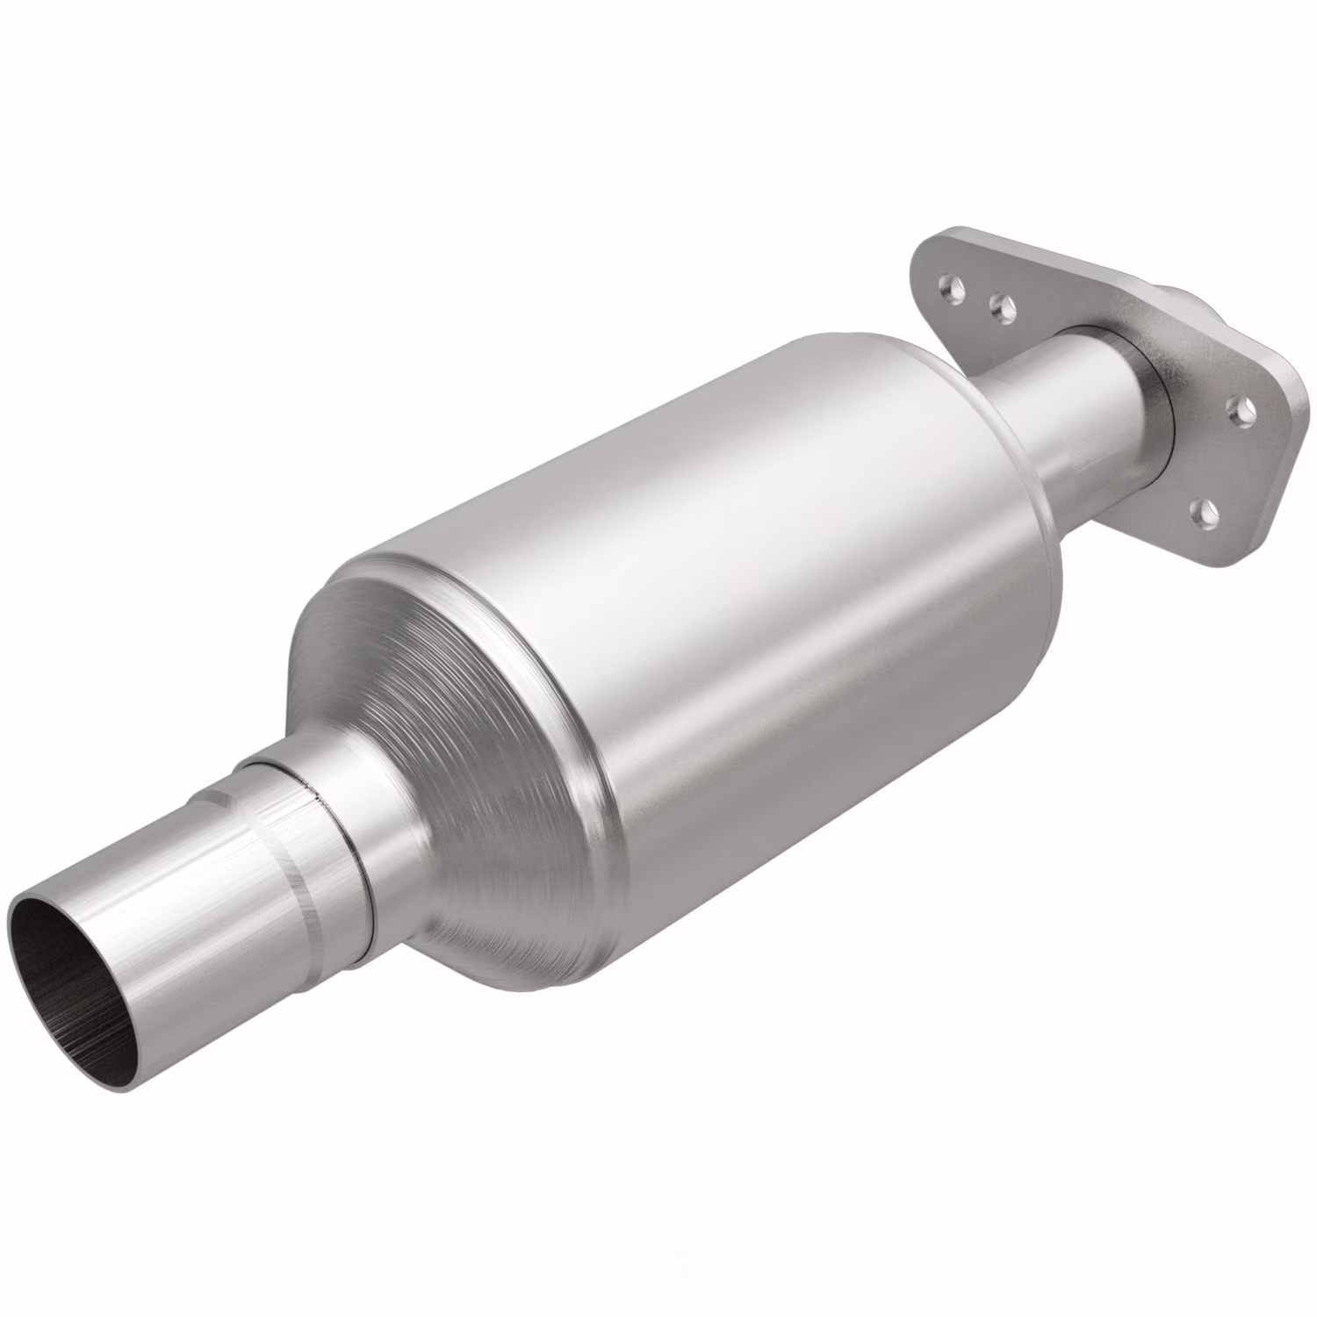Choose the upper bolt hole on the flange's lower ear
(1239, 409)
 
